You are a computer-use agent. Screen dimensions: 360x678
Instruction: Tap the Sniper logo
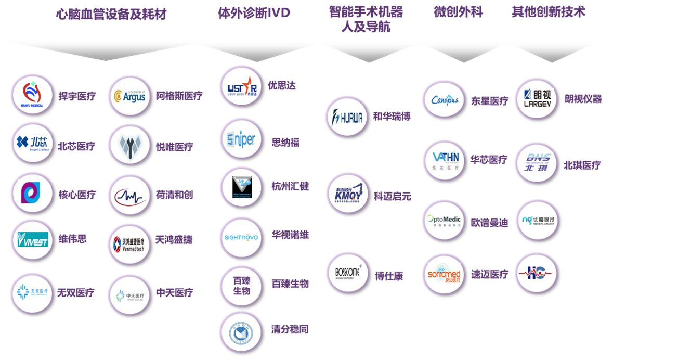coord(241,139)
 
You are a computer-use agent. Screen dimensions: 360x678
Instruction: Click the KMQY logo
coord(347,195)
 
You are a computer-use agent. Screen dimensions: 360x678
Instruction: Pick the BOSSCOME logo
coord(347,273)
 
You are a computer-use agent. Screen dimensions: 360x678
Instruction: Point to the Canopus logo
coord(444,100)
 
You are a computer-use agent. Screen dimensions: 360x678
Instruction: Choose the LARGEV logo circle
coord(536,98)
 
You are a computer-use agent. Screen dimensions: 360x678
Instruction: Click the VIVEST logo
coord(32,239)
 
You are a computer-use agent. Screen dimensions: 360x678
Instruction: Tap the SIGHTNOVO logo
coord(241,237)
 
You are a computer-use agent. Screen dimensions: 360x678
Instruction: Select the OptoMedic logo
coord(444,221)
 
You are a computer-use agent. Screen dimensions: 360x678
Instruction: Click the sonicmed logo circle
coord(444,274)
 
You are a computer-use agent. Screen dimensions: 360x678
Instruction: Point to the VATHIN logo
coord(444,160)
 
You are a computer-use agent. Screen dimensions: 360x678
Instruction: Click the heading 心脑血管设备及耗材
coord(111,15)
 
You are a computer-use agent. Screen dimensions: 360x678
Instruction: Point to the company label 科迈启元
coord(392,196)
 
